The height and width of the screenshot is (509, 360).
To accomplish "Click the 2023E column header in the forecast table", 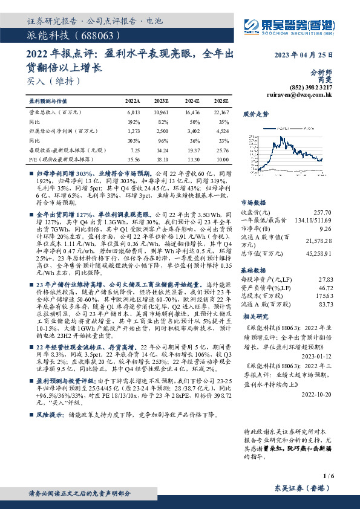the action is (x=161, y=102).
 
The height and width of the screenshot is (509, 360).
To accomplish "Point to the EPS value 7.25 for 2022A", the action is (x=134, y=148).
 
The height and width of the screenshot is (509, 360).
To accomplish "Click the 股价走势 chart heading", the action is (x=255, y=114).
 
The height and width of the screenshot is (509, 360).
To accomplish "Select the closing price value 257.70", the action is (x=322, y=213).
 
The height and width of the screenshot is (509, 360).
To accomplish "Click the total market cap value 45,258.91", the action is (x=318, y=254).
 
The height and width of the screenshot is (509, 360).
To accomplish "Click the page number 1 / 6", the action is (x=329, y=478).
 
